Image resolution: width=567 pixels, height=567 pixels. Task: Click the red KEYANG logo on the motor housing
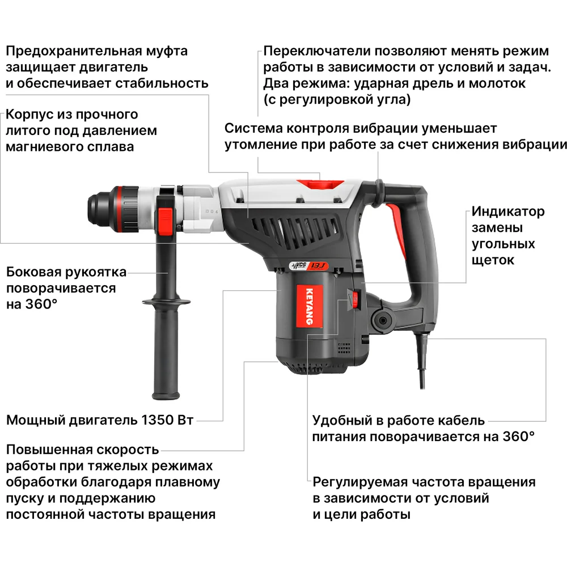310,306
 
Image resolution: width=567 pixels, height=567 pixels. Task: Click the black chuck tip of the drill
97,209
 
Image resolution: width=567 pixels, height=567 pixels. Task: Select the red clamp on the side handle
164,221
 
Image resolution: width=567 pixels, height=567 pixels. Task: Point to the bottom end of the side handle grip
166,396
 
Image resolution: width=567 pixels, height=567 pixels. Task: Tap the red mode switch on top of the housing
320,184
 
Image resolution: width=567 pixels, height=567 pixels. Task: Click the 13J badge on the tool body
319,266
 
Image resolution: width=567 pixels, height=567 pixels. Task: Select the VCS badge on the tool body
299,266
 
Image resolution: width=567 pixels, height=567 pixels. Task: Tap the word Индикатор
507,211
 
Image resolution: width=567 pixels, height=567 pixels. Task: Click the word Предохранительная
74,51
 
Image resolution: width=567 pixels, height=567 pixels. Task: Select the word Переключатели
317,51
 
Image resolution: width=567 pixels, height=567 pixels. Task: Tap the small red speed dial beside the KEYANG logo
355,299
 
